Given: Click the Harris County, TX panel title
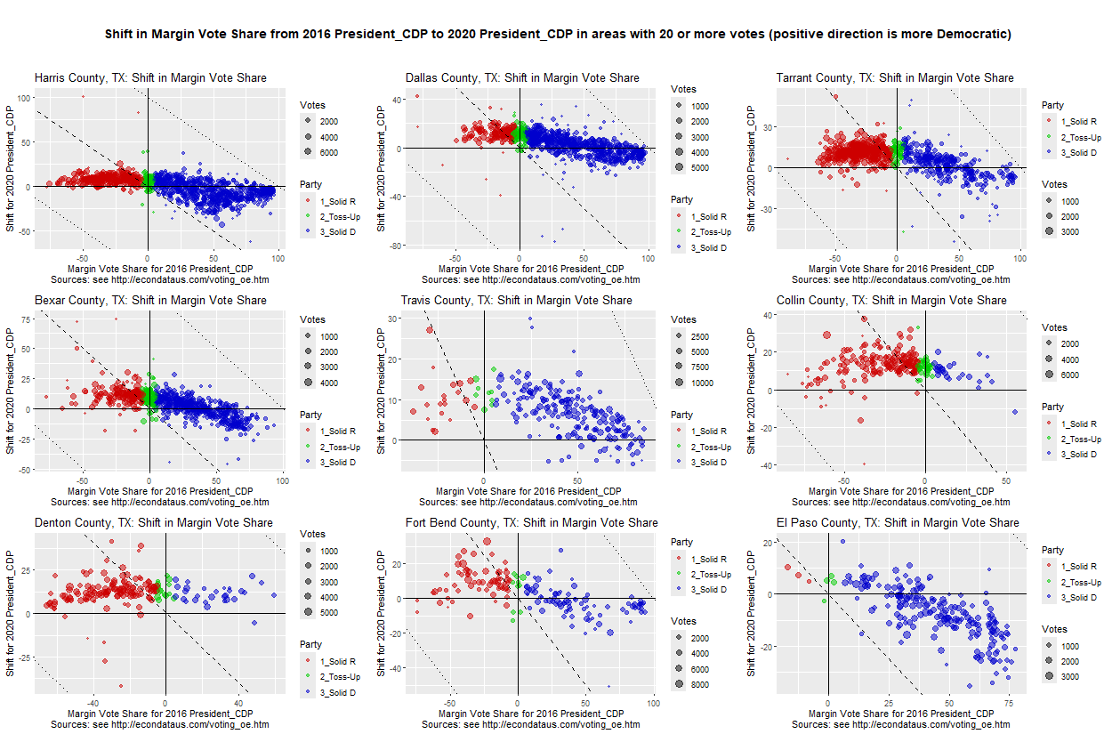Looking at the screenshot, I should [x=150, y=78].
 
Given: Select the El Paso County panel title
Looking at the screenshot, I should [x=898, y=522].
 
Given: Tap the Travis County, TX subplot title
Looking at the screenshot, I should [x=517, y=301].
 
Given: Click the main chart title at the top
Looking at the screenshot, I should [x=558, y=35].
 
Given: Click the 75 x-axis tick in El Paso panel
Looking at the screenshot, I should [x=1009, y=705].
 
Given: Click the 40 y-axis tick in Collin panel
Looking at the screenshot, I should [x=766, y=315].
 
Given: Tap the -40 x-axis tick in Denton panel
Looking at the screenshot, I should [x=92, y=705].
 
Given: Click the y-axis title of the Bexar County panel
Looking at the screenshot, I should [x=12, y=391].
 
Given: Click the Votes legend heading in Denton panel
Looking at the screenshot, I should [x=313, y=535].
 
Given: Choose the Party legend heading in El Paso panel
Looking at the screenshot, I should [x=1053, y=551].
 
